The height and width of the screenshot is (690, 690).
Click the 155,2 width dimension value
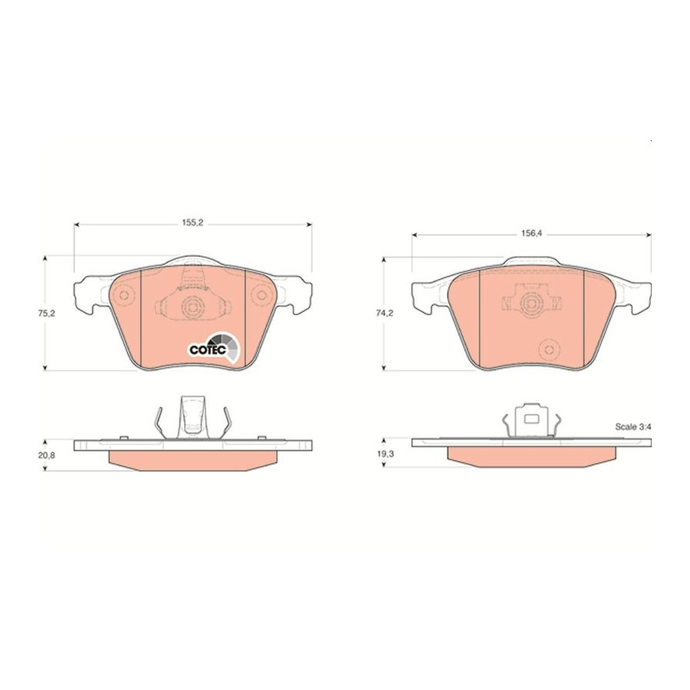(192, 223)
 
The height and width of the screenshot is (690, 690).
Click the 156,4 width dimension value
(531, 234)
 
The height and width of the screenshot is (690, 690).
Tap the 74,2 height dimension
(384, 314)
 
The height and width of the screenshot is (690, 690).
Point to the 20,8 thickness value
(46, 455)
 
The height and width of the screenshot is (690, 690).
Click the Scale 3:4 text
(632, 426)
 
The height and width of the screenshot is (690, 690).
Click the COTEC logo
(215, 347)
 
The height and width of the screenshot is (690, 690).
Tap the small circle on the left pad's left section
(124, 295)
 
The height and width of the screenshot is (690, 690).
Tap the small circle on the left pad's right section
(262, 295)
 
